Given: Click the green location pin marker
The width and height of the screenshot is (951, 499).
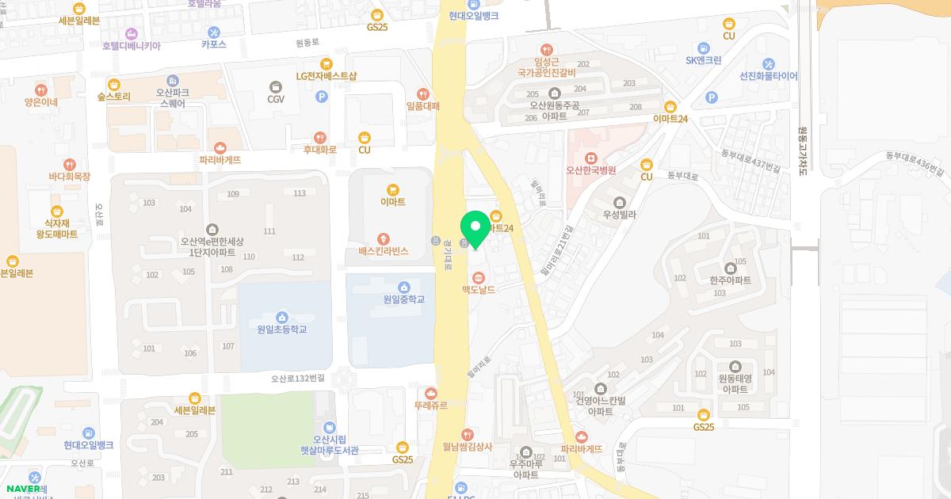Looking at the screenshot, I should click(x=475, y=229).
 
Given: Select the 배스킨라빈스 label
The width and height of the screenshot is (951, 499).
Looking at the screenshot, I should click(x=383, y=251).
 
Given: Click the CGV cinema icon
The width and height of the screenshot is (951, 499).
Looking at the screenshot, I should click(x=275, y=86).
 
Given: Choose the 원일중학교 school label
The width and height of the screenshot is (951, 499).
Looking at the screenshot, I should click(x=403, y=299).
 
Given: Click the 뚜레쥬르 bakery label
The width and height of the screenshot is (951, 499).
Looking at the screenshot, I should click(x=430, y=406).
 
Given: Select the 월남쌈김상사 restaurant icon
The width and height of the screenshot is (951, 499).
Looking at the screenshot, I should click(x=468, y=434).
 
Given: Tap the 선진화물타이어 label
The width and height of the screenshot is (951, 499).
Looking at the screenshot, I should click(x=768, y=77).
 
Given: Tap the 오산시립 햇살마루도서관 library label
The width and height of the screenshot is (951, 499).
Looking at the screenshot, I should click(x=325, y=445).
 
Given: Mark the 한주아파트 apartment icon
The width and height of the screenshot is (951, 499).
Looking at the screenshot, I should click(x=730, y=268).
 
